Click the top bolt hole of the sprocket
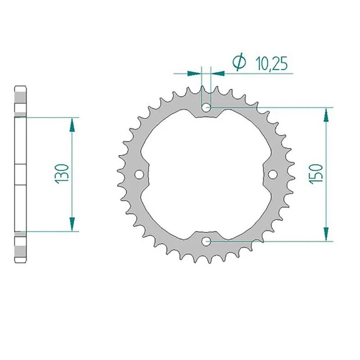[207, 108]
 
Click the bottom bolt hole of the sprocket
[207, 241]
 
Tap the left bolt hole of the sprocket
[139, 174]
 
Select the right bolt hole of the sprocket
[273, 174]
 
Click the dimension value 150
[316, 174]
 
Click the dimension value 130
[63, 174]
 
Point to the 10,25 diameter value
[271, 64]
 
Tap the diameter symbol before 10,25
[238, 63]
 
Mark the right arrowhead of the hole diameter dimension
[218, 72]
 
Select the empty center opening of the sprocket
[207, 174]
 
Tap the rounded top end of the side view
[21, 87]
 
